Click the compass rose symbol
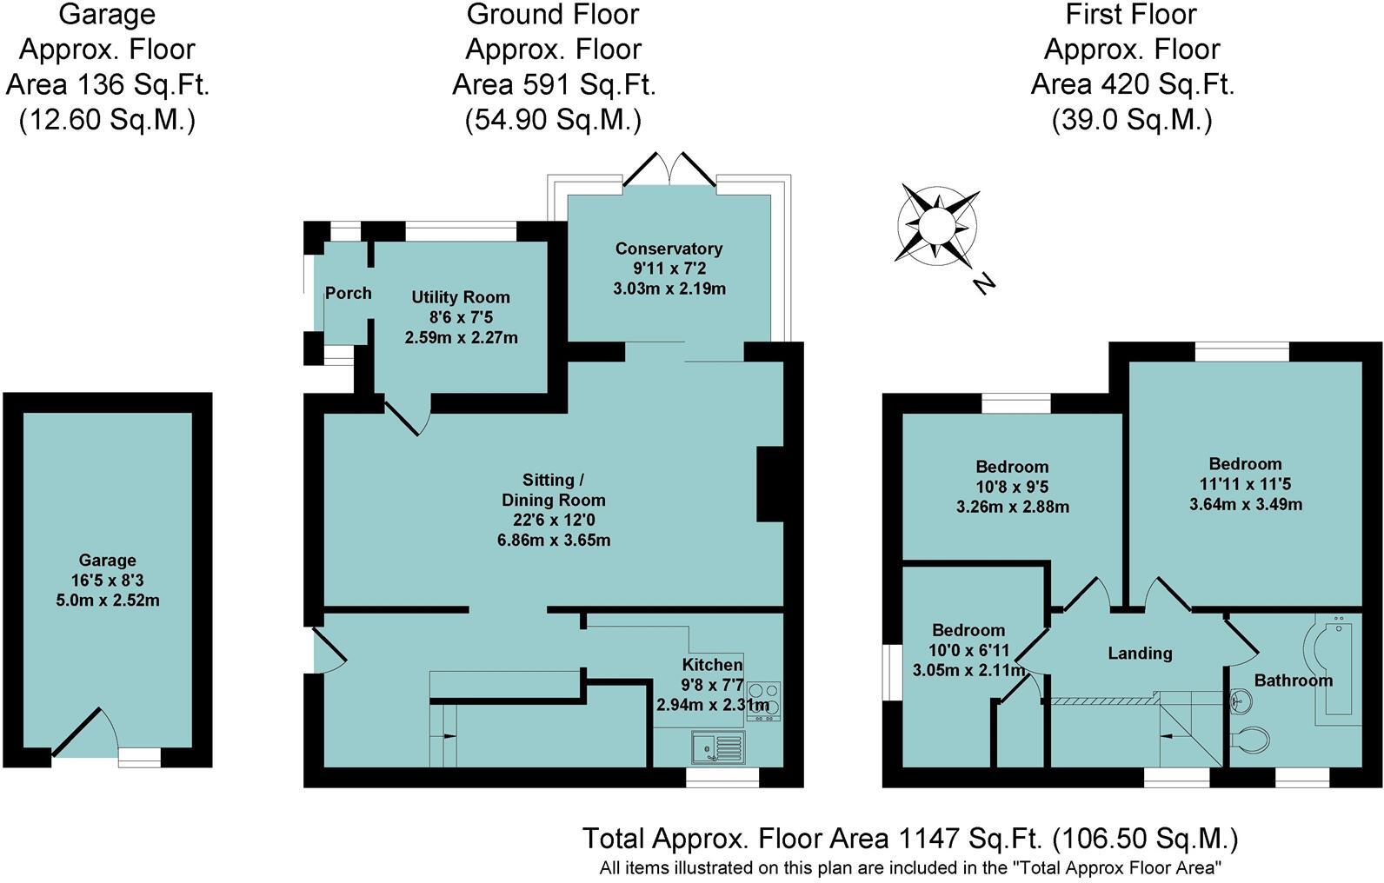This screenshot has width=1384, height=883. coord(937,225)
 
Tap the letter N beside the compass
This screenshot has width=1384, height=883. coord(984,283)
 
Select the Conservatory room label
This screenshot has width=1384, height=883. coord(669,249)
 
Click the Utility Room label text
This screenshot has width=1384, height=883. coord(460,297)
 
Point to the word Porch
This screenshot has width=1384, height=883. coord(348,293)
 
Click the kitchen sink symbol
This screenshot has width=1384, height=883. coord(718,747)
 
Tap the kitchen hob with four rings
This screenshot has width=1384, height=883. coord(763,700)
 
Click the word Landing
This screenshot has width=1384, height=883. coord(1139,653)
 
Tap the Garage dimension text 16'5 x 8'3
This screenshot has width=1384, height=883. coord(107,581)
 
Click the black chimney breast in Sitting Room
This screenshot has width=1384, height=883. coord(770,484)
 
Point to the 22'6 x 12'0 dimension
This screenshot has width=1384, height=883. coord(553,520)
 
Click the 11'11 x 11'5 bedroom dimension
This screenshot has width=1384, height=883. coord(1245,484)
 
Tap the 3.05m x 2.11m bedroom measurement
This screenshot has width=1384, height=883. coord(968,669)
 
